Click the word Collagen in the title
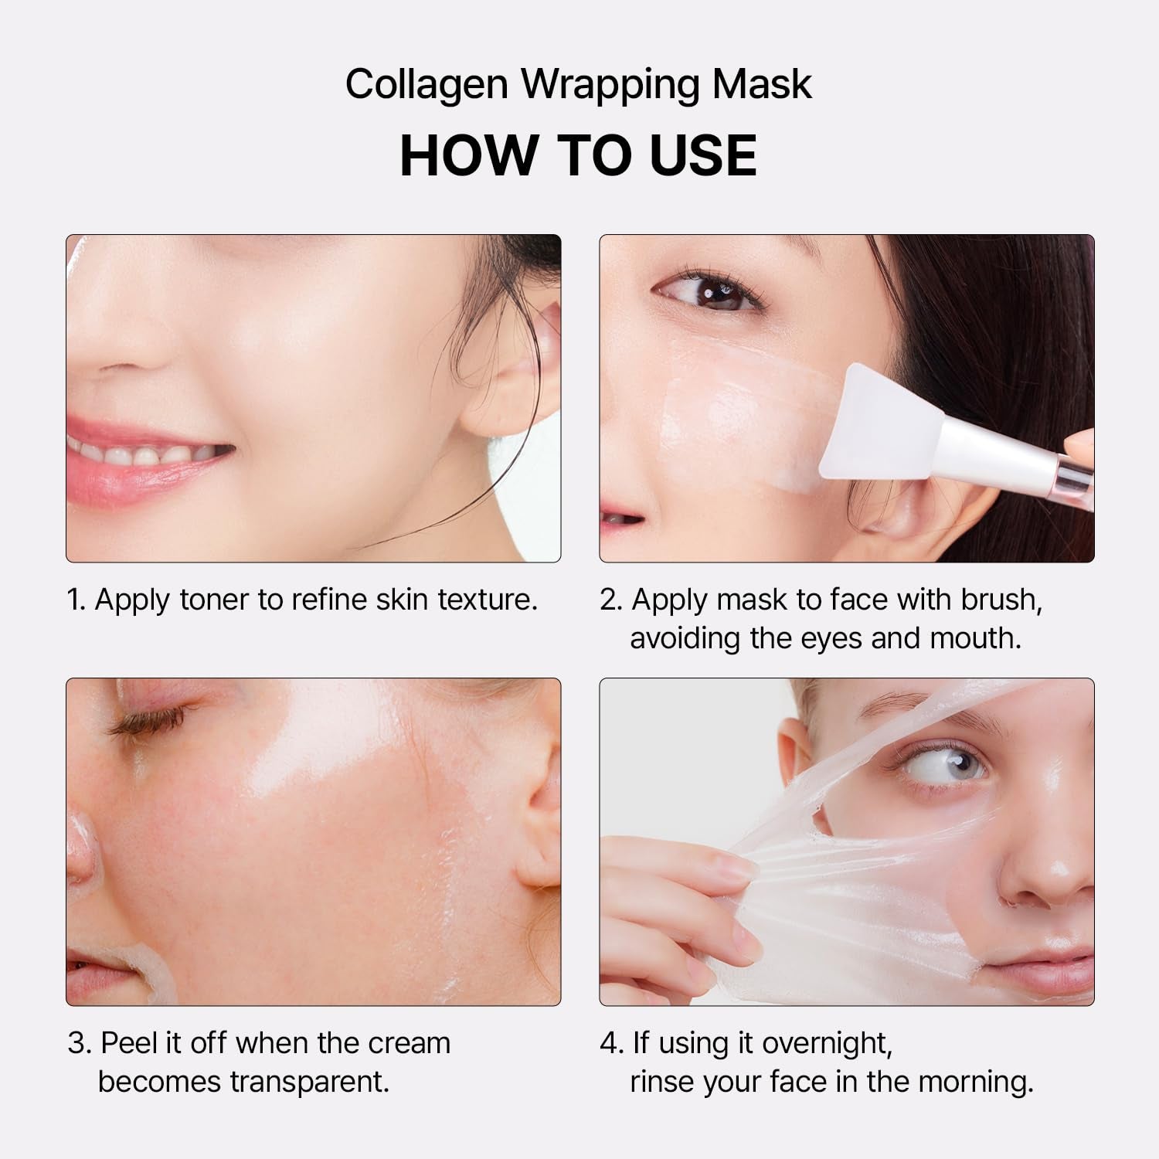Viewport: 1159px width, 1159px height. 426,84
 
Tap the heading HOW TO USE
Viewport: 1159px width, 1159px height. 578,156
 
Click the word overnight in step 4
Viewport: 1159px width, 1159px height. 827,1043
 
